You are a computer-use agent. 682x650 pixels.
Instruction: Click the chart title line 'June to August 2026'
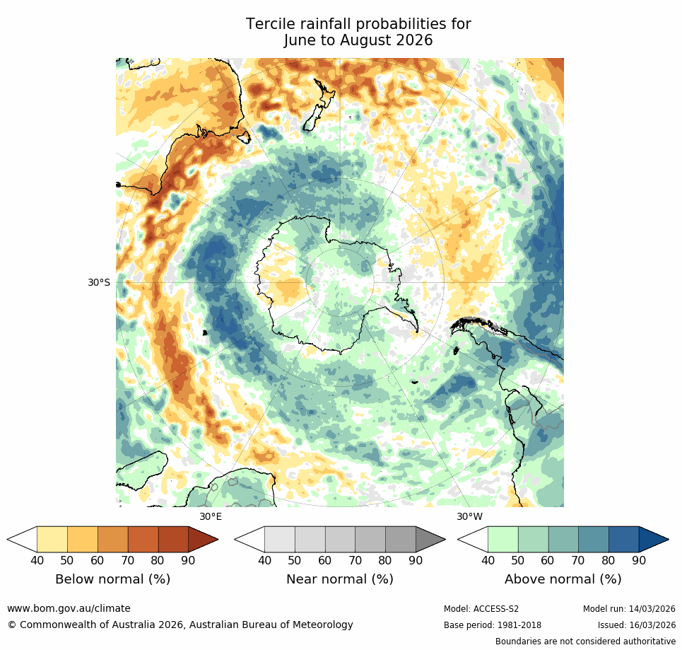pyautogui.click(x=358, y=41)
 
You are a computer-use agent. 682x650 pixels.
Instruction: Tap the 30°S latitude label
pyautogui.click(x=99, y=283)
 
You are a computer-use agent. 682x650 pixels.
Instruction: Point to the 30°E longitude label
pyautogui.click(x=211, y=516)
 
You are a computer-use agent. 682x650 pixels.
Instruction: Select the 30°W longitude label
pyautogui.click(x=469, y=516)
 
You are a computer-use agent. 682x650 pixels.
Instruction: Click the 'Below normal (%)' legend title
pyautogui.click(x=112, y=579)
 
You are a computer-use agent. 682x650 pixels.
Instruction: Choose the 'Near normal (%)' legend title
pyautogui.click(x=339, y=579)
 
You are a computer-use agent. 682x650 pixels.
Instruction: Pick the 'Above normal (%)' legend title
pyautogui.click(x=563, y=579)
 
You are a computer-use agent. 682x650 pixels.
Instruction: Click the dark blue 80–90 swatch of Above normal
pyautogui.click(x=623, y=539)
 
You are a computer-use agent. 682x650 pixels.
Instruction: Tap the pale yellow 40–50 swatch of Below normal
pyautogui.click(x=52, y=539)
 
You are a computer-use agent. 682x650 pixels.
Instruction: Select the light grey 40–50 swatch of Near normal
pyautogui.click(x=279, y=539)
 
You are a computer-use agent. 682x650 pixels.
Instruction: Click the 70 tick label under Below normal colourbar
pyautogui.click(x=128, y=561)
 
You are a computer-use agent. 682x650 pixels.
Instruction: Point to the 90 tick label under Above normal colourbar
pyautogui.click(x=639, y=561)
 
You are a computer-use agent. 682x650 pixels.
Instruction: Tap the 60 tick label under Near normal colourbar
pyautogui.click(x=324, y=561)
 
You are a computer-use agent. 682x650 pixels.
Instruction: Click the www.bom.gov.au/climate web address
pyautogui.click(x=69, y=608)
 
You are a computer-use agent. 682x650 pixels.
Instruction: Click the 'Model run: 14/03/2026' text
pyautogui.click(x=629, y=609)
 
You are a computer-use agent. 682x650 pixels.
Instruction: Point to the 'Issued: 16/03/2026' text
pyautogui.click(x=636, y=625)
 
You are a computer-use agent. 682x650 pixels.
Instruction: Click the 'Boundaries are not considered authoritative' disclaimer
pyautogui.click(x=585, y=642)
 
